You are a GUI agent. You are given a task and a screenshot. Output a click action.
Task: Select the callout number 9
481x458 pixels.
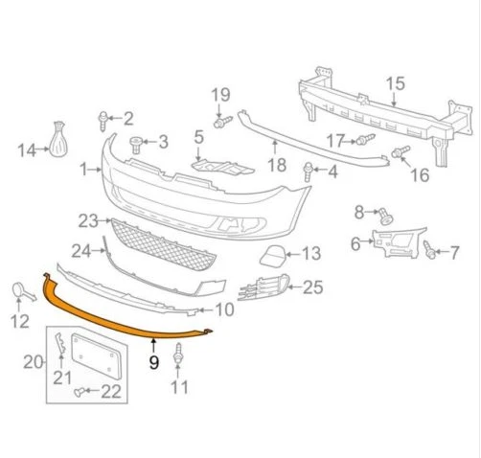click(152, 363)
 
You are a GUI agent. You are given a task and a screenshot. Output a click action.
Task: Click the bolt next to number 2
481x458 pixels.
click(101, 120)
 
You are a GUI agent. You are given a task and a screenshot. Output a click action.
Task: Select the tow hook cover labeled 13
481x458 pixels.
click(269, 255)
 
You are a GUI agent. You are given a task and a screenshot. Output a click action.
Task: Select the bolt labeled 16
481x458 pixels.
click(402, 152)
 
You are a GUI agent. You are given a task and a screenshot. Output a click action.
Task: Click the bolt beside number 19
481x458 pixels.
click(220, 123)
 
